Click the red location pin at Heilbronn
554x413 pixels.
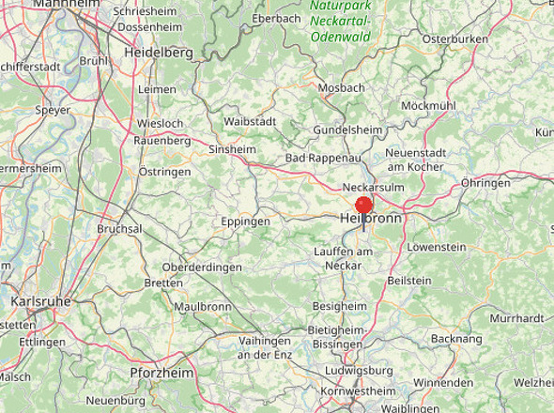[x=364, y=206]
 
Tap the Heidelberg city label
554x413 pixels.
[x=158, y=54]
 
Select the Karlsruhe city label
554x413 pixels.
[x=40, y=301]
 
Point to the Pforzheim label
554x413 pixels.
[x=162, y=373]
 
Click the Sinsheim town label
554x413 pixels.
[x=232, y=149]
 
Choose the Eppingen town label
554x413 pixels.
[x=245, y=222]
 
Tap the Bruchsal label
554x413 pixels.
[x=119, y=228]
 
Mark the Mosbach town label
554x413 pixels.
[x=341, y=87]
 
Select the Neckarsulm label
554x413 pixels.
[x=373, y=187]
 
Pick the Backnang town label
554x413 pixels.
[x=456, y=338]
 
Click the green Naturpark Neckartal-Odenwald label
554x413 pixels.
[x=340, y=21]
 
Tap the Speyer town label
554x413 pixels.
[x=52, y=110]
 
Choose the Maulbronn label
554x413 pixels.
[x=202, y=306]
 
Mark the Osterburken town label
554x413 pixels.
[x=455, y=38]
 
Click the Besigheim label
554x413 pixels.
[x=339, y=306]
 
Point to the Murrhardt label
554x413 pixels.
[x=516, y=318]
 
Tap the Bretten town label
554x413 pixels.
[x=163, y=283]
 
